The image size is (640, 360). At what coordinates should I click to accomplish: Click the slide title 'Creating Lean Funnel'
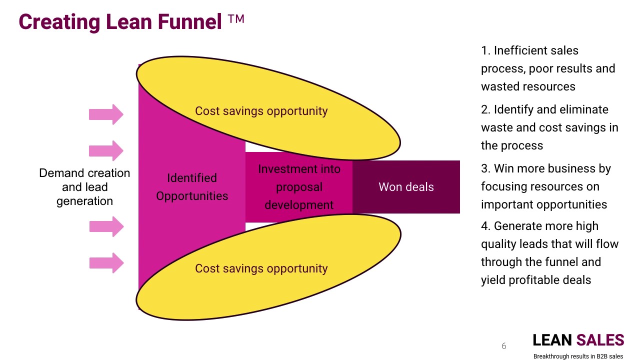pyautogui.click(x=120, y=22)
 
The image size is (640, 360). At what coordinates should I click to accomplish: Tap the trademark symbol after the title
pyautogui.click(x=236, y=20)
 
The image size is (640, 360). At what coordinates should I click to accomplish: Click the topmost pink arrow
pyautogui.click(x=106, y=114)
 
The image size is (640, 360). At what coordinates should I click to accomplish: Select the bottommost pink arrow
pyautogui.click(x=106, y=263)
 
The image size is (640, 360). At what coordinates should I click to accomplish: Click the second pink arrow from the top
pyautogui.click(x=106, y=150)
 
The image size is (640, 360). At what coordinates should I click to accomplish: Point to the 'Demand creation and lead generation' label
pyautogui.click(x=84, y=187)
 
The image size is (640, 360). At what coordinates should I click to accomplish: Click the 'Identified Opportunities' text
pyautogui.click(x=192, y=187)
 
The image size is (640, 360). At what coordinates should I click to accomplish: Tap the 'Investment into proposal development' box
pyautogui.click(x=299, y=187)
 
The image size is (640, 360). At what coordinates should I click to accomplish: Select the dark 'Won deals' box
pyautogui.click(x=406, y=187)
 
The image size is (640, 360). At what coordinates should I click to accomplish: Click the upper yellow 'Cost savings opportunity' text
pyautogui.click(x=261, y=111)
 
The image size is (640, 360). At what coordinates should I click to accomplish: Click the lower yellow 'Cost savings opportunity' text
pyautogui.click(x=261, y=268)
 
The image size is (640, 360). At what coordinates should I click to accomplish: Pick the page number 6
pyautogui.click(x=503, y=346)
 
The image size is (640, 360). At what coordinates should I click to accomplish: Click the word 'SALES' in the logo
pyautogui.click(x=600, y=340)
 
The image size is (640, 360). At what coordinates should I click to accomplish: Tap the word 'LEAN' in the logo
pyautogui.click(x=552, y=340)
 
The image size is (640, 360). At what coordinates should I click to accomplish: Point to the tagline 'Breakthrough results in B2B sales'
pyautogui.click(x=578, y=356)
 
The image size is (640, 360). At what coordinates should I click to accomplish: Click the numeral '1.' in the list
pyautogui.click(x=485, y=50)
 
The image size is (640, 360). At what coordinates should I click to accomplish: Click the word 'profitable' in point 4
pyautogui.click(x=536, y=280)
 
